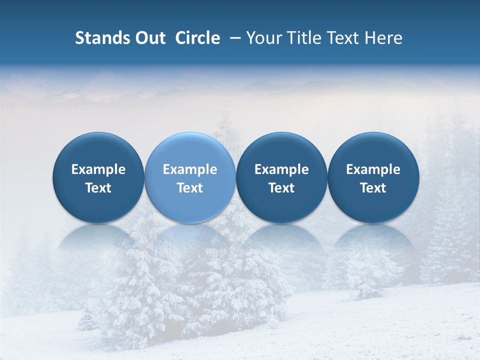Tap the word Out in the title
click(x=149, y=38)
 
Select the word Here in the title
click(x=383, y=38)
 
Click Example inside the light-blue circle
click(x=190, y=169)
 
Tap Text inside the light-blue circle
click(x=190, y=188)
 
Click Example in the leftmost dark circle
click(x=98, y=169)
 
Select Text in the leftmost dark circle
click(x=98, y=188)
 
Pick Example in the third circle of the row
click(x=281, y=169)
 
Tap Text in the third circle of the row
click(x=281, y=188)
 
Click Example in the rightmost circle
click(x=373, y=169)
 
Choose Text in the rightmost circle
click(x=373, y=188)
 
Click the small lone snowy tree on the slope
click(x=367, y=280)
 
